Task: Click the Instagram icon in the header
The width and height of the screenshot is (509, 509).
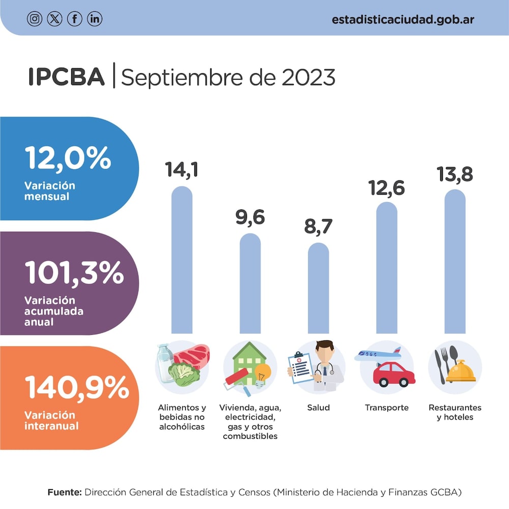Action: [34, 19]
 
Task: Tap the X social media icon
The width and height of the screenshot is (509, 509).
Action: [54, 19]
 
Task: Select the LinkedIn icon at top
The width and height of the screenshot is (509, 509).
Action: [95, 19]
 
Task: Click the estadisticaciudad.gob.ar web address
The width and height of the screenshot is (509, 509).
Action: [403, 19]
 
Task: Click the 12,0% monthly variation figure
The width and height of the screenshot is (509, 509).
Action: [68, 158]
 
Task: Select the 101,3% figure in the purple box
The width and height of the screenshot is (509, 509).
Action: [74, 274]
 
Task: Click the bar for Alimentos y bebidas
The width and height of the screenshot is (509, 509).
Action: [182, 260]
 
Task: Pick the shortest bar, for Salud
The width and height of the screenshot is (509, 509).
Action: [319, 288]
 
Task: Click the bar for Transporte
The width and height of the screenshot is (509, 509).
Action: [387, 268]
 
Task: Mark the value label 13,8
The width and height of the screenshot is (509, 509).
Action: [455, 174]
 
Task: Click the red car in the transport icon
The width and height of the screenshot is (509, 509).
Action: [393, 374]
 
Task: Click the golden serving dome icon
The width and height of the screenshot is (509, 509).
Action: [461, 371]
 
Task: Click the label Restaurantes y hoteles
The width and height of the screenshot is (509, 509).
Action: [455, 412]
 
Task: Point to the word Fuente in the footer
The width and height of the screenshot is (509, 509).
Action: [64, 492]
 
